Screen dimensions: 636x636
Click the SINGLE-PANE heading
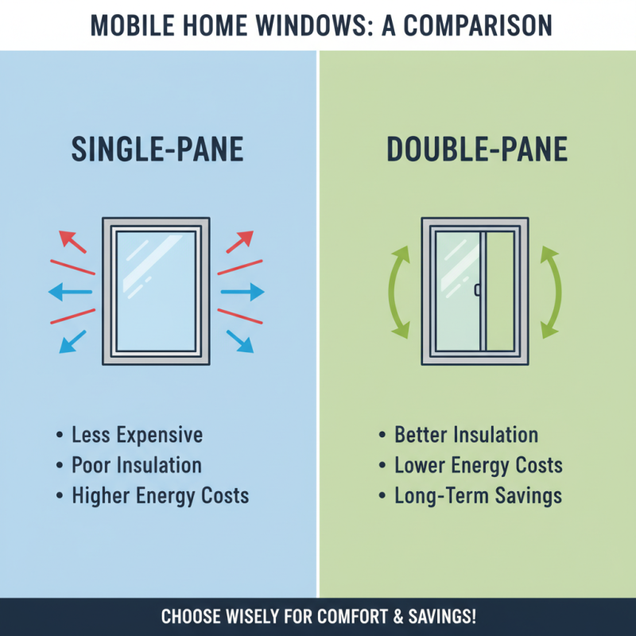(x=157, y=150)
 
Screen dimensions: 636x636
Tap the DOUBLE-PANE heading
(x=477, y=150)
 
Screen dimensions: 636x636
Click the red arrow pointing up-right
(x=240, y=240)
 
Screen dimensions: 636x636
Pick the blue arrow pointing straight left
(x=67, y=293)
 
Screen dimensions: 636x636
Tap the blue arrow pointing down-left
(x=73, y=342)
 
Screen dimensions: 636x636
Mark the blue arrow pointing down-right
(x=240, y=342)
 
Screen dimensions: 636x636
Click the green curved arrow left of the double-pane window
(x=397, y=293)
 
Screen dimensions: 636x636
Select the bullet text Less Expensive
(x=137, y=435)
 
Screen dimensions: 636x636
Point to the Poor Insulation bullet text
(x=137, y=465)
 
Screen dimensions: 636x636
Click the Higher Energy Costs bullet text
(x=160, y=496)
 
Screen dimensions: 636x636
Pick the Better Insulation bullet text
(x=466, y=435)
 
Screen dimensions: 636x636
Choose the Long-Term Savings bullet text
(x=478, y=496)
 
